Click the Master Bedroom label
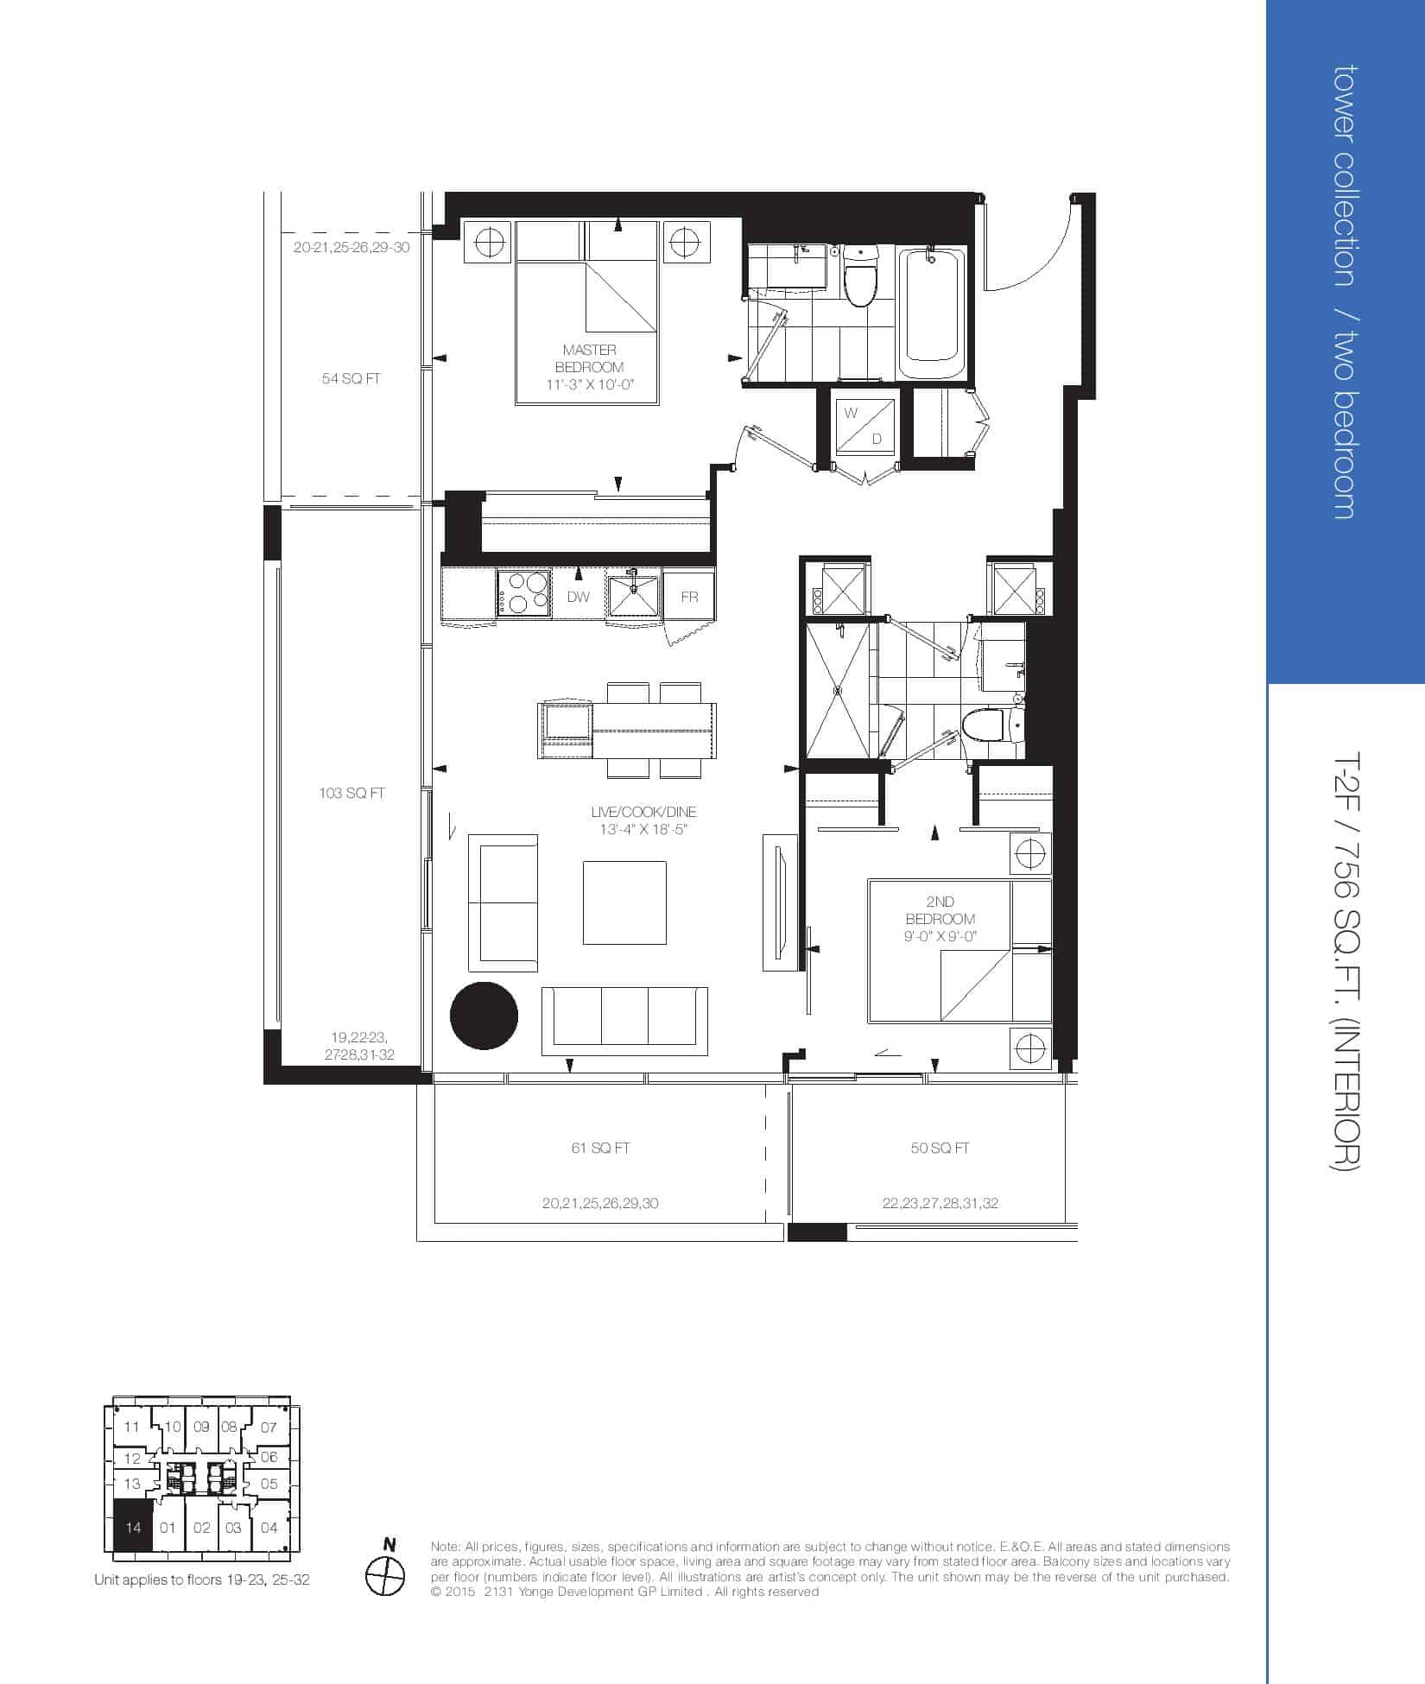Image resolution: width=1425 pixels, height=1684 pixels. click(x=590, y=367)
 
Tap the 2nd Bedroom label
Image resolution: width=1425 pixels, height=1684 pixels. click(x=940, y=919)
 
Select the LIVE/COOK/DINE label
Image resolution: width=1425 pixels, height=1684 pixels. click(x=643, y=820)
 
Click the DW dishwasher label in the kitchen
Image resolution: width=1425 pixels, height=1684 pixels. click(x=579, y=597)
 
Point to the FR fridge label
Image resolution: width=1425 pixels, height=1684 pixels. click(x=689, y=597)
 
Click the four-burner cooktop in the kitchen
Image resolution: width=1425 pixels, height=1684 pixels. click(x=524, y=592)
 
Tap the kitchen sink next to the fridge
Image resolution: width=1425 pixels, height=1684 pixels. click(x=634, y=594)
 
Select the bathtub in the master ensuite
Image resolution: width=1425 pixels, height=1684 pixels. click(x=933, y=312)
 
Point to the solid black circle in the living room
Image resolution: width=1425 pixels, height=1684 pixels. click(x=484, y=1016)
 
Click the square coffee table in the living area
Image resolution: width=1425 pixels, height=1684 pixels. click(x=624, y=902)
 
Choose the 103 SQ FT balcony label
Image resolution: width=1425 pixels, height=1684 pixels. click(x=351, y=793)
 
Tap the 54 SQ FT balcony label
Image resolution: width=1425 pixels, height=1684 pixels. click(x=351, y=378)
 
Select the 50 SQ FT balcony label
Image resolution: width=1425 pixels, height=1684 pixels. click(x=940, y=1148)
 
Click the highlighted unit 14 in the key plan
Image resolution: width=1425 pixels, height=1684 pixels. click(x=133, y=1528)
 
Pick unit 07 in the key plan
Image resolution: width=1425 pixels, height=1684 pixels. click(x=269, y=1428)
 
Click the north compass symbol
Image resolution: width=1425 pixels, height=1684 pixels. click(x=385, y=1576)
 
